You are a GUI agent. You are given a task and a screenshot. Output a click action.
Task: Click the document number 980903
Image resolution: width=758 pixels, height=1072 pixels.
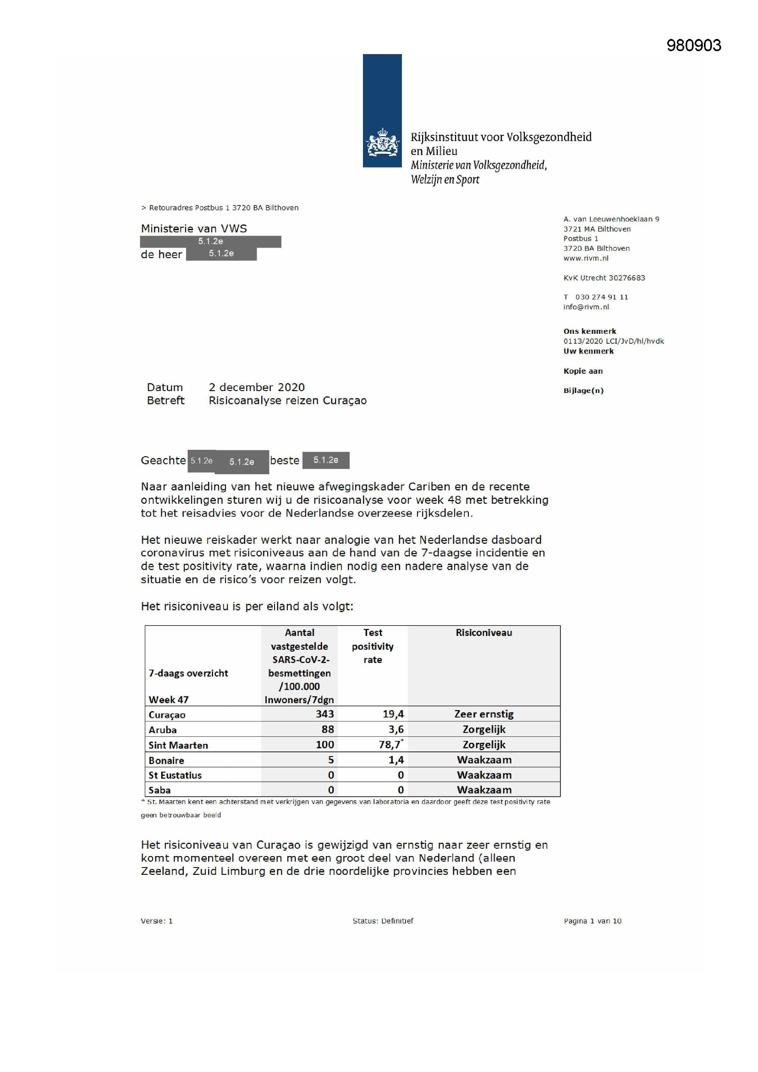click(693, 45)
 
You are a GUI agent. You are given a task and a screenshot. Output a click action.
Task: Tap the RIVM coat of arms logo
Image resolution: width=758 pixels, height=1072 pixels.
click(382, 143)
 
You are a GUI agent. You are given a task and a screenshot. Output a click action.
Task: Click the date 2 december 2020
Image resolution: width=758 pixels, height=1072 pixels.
click(256, 387)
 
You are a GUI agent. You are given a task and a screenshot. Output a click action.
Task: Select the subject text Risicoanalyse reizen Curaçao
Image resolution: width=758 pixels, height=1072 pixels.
click(287, 401)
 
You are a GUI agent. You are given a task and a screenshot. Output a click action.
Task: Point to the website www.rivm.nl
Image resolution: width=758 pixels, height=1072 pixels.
click(586, 258)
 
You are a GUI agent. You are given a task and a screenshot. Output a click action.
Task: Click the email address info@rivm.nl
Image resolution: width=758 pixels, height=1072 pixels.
click(586, 307)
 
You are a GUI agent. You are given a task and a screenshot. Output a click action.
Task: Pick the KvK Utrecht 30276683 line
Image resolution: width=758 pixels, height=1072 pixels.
click(604, 278)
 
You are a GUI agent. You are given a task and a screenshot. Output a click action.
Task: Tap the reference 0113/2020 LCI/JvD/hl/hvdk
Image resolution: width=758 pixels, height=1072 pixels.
click(613, 341)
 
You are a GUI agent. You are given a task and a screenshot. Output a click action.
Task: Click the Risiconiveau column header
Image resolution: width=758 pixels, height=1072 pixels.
click(483, 633)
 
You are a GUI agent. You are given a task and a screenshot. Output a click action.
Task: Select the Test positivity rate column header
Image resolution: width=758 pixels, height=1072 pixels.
click(373, 646)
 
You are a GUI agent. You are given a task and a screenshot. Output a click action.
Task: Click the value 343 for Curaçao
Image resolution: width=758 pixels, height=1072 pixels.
click(324, 714)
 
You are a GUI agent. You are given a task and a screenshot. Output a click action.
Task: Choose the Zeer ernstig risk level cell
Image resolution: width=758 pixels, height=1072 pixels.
click(483, 714)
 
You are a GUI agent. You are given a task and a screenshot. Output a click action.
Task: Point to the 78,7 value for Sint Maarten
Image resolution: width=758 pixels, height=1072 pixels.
click(390, 745)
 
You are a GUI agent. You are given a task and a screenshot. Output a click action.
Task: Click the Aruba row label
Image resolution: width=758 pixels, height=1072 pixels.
click(162, 730)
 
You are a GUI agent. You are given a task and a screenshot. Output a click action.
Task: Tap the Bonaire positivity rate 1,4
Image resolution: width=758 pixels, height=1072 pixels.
click(396, 760)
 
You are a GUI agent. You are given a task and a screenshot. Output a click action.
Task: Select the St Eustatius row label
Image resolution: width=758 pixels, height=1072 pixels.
click(175, 775)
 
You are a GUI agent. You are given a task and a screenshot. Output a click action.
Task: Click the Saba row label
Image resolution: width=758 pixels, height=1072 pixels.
click(159, 790)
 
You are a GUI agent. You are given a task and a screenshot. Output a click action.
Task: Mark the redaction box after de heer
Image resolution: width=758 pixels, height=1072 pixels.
click(221, 254)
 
